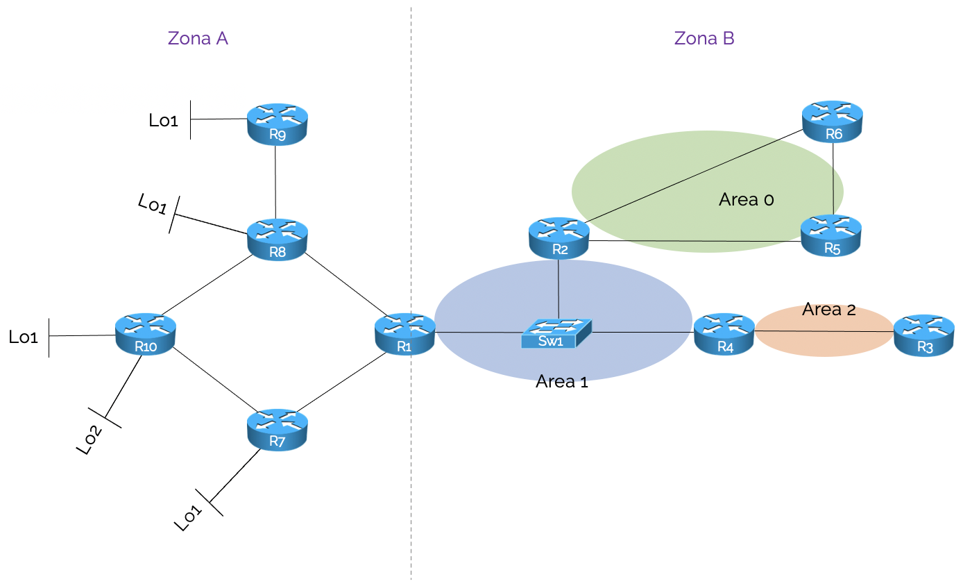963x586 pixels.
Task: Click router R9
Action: [277, 124]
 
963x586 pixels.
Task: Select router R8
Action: [277, 240]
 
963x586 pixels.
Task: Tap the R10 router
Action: [145, 335]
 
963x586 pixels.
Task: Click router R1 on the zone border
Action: [404, 334]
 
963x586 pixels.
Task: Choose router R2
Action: [559, 238]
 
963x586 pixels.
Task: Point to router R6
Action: [832, 122]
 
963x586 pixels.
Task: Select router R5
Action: [830, 237]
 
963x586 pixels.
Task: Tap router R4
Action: [724, 335]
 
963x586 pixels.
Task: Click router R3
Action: [923, 335]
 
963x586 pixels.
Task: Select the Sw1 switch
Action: [557, 334]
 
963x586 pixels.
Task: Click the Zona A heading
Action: [198, 38]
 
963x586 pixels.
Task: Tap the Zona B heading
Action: [704, 38]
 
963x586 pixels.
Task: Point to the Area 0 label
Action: [746, 200]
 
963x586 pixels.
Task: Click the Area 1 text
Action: [561, 381]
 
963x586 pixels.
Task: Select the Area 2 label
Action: [828, 310]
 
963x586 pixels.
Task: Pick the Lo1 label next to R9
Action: [163, 120]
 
